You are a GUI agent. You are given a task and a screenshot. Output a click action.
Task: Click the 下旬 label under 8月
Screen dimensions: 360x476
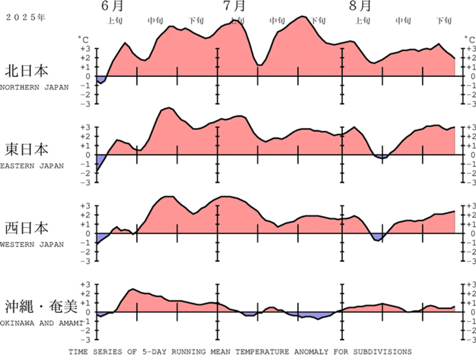point(444,20)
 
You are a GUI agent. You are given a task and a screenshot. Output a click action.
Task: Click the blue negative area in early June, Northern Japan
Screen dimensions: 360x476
point(100,79)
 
